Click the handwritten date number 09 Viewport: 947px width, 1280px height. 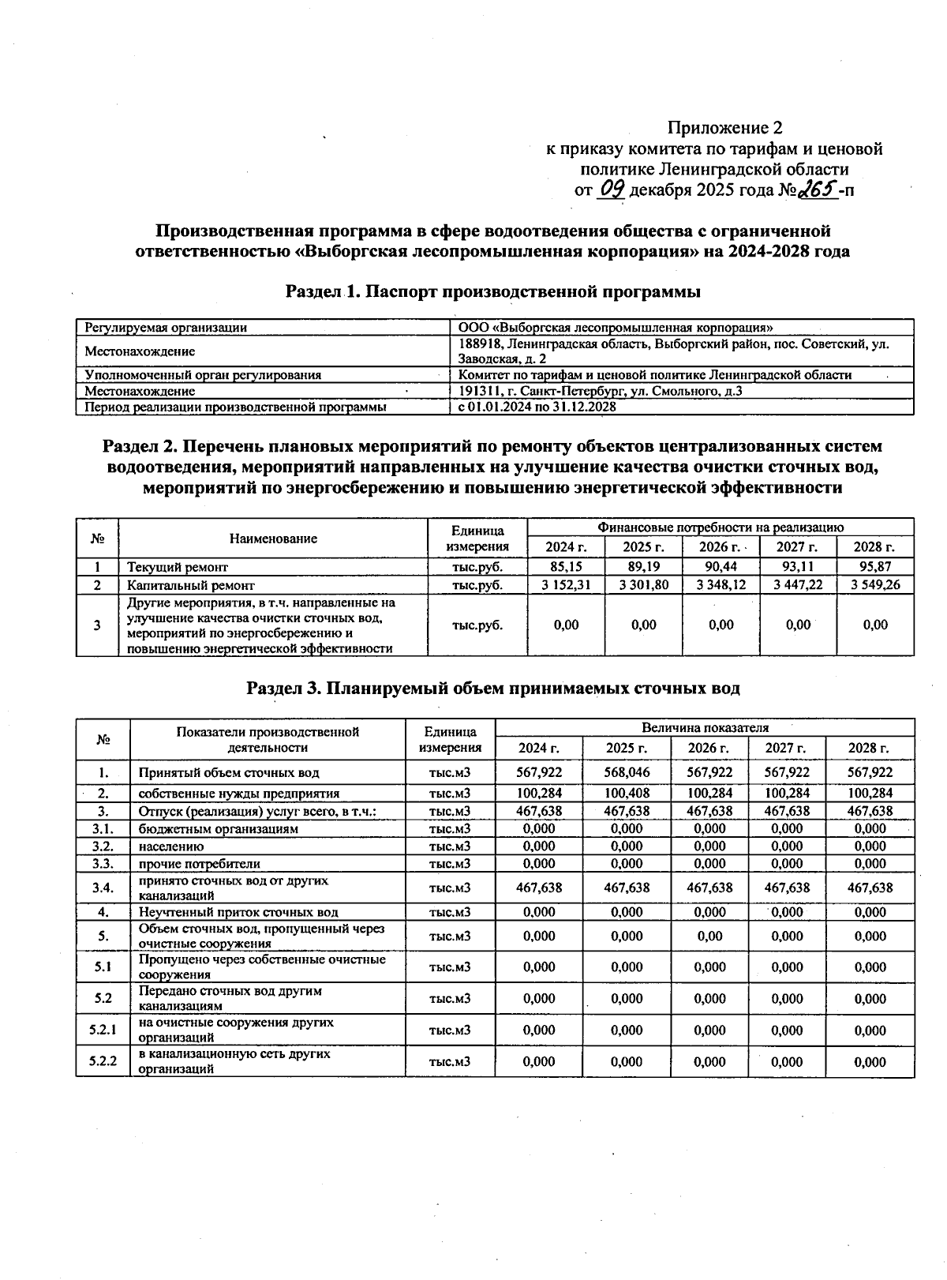[612, 189]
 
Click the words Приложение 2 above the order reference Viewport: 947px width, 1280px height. [725, 128]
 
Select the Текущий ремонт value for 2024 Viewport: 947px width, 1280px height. [566, 567]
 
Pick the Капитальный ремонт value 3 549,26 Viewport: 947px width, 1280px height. [875, 585]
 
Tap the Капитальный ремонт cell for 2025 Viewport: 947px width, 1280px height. [643, 585]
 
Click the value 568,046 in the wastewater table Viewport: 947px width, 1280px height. [627, 772]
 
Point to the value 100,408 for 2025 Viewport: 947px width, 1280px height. [627, 793]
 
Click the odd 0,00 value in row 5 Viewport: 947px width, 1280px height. [709, 937]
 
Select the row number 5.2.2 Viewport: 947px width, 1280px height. [103, 1062]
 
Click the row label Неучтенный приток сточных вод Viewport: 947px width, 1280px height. [238, 912]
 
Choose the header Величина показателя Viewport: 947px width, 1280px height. [705, 728]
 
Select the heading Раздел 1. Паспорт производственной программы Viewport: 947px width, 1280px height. [493, 292]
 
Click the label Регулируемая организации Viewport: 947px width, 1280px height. [166, 327]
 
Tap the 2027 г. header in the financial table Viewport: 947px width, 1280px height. [797, 547]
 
